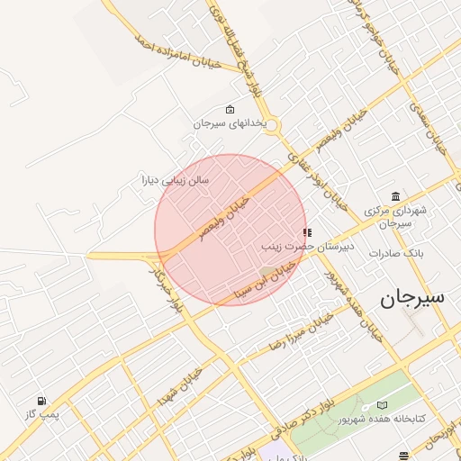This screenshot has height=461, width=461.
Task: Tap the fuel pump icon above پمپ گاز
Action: (x=41, y=401)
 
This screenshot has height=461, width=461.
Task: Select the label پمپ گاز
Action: (x=41, y=413)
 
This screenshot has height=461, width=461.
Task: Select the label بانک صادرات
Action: (x=395, y=253)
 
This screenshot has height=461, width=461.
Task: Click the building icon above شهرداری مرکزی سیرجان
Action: (x=396, y=197)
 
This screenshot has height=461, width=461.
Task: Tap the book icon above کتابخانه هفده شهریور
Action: (x=382, y=406)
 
